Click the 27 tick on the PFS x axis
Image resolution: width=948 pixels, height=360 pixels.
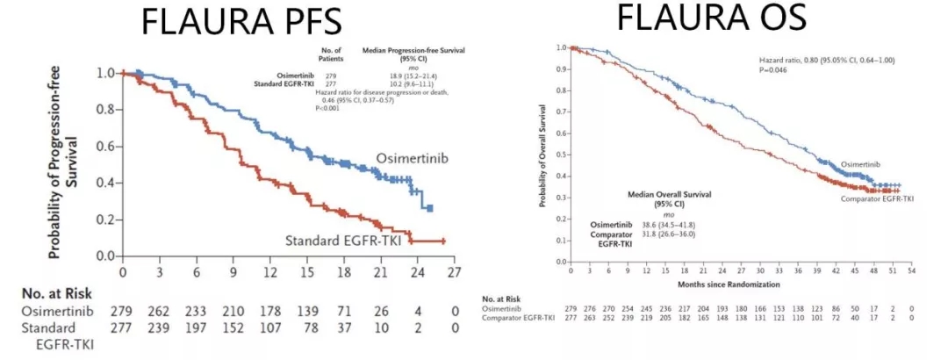(454, 272)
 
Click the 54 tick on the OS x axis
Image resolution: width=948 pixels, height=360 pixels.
(912, 273)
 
